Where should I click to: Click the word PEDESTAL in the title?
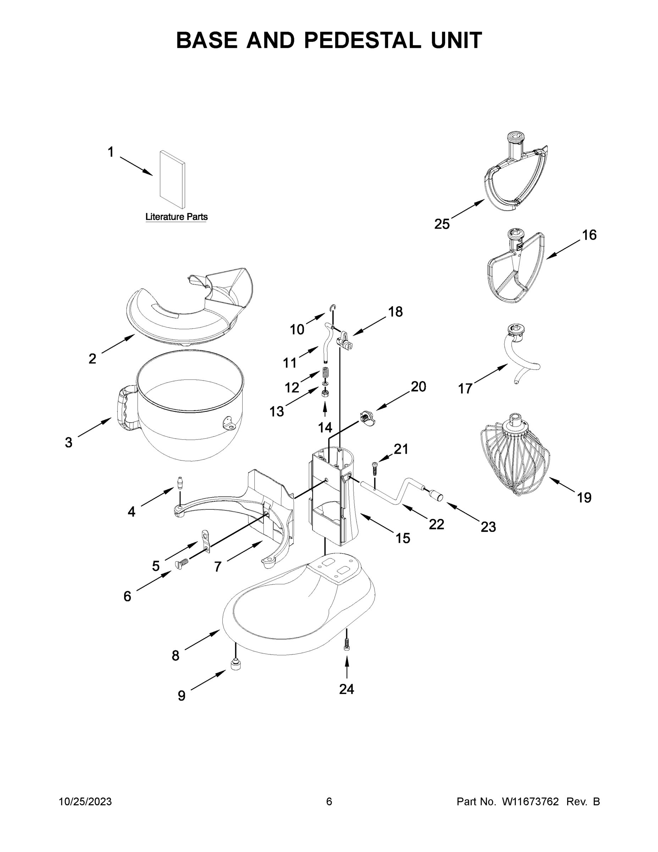coord(363,40)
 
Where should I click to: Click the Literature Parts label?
coord(176,217)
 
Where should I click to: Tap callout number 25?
coord(442,224)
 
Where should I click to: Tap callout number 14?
coord(325,428)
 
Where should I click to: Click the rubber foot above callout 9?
coord(236,663)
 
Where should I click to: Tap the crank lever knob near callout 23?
coord(436,496)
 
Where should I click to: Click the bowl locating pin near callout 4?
coord(180,482)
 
